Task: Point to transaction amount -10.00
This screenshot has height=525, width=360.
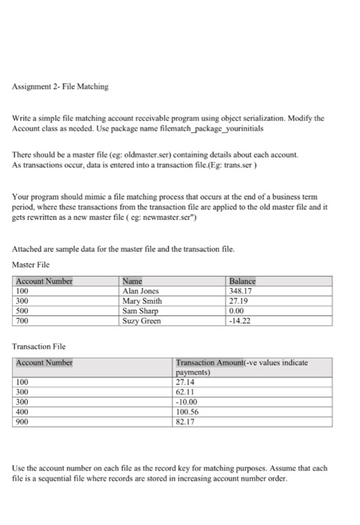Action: tap(186, 400)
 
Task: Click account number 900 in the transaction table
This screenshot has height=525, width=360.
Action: tap(22, 420)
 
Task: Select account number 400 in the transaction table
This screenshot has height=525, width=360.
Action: tap(22, 410)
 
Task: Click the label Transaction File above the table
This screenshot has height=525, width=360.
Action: tap(40, 348)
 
